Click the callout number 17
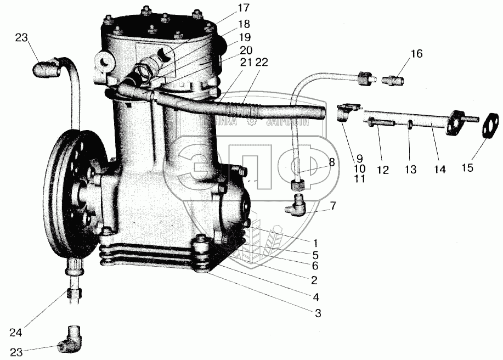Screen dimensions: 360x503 pos(243,8)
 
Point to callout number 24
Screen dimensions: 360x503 pos(16,333)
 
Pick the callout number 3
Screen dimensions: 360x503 pos(318,313)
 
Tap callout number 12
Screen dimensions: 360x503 pos(382,171)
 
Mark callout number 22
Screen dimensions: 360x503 pos(262,63)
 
